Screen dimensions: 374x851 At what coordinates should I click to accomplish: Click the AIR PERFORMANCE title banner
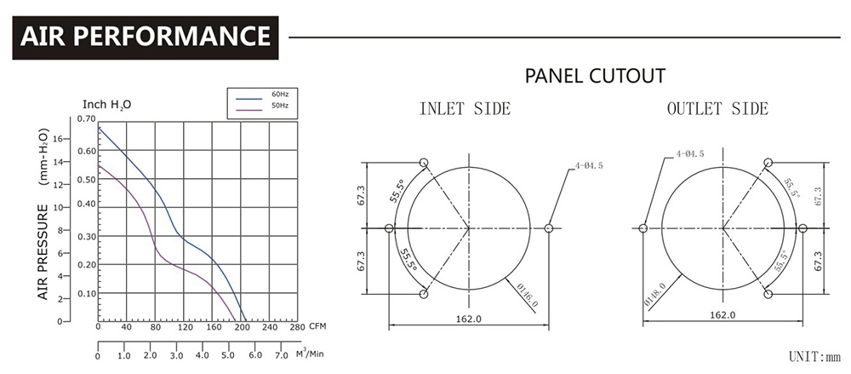pyautogui.click(x=146, y=37)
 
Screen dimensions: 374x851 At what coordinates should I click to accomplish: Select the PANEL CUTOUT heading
pyautogui.click(x=595, y=76)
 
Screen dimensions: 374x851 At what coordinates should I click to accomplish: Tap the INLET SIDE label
pyautogui.click(x=465, y=108)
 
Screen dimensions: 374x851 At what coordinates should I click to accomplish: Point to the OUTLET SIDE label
pyautogui.click(x=717, y=108)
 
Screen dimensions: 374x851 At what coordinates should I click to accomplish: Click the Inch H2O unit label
pyautogui.click(x=106, y=104)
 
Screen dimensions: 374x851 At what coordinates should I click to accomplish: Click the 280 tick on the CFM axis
pyautogui.click(x=297, y=328)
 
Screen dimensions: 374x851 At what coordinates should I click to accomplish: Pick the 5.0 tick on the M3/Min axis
pyautogui.click(x=230, y=355)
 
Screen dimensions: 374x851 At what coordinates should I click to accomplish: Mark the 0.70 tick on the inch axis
pyautogui.click(x=86, y=118)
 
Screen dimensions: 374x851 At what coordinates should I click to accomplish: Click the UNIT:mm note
pyautogui.click(x=814, y=355)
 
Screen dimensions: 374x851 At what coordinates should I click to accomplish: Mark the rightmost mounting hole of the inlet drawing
pyautogui.click(x=549, y=228)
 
